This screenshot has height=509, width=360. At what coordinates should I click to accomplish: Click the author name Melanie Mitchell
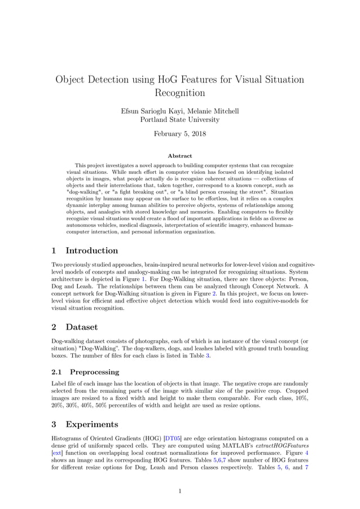[x=213, y=111]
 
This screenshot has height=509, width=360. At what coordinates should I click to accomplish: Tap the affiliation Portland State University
[x=179, y=120]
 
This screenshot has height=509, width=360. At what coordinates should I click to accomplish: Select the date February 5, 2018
[x=179, y=134]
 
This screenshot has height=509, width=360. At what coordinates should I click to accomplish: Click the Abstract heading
[x=179, y=156]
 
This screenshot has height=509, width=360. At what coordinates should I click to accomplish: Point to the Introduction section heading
[x=91, y=251]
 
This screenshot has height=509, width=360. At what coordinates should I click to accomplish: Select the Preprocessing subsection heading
[x=94, y=372]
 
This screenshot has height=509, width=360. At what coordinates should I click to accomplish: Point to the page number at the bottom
[x=179, y=491]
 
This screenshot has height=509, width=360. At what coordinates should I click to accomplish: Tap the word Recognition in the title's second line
[x=179, y=93]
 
